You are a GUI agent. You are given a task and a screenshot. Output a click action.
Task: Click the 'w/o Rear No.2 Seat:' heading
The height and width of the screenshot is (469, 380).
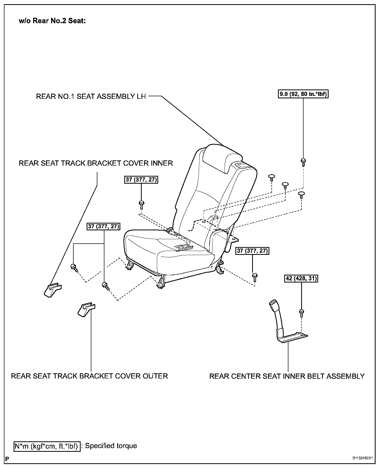[52, 21]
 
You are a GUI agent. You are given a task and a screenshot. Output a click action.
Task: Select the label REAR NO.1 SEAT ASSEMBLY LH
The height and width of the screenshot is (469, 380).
[91, 97]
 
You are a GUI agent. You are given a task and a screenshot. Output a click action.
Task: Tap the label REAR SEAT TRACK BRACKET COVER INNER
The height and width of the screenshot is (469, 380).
[96, 163]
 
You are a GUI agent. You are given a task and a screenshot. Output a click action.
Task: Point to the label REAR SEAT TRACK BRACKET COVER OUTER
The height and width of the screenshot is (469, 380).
[89, 376]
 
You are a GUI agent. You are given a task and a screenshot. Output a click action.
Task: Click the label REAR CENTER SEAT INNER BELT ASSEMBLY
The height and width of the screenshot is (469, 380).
[287, 376]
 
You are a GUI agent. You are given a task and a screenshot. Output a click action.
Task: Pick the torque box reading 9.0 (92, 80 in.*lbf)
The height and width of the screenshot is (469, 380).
[303, 94]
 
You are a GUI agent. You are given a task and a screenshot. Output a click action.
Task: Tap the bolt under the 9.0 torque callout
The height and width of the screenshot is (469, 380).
[303, 162]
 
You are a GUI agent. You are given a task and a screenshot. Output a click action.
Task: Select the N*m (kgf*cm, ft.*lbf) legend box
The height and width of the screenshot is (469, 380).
[47, 446]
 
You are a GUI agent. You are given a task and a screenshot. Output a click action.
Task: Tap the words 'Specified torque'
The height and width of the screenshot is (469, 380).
[111, 446]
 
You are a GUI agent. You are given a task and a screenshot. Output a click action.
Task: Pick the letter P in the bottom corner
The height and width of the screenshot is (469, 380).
[7, 459]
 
